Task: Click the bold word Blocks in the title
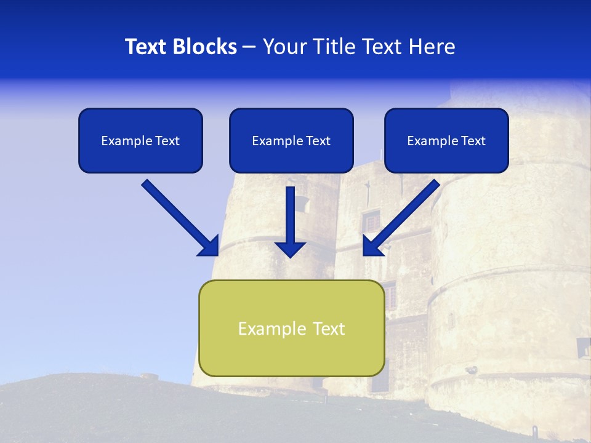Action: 204,47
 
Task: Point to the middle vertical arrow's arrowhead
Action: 291,249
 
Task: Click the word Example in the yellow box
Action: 263,329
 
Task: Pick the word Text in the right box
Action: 473,141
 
